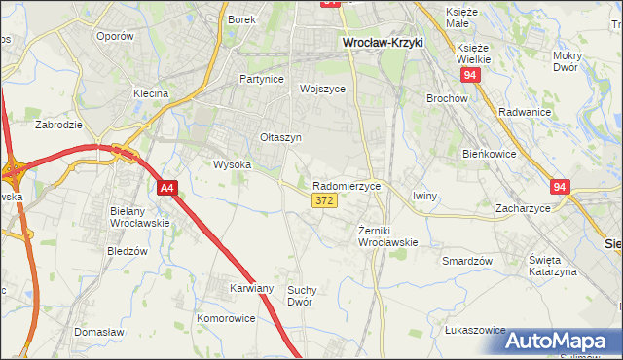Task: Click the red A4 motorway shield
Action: [167, 188]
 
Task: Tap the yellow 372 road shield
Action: [325, 200]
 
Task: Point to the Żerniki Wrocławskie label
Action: [388, 235]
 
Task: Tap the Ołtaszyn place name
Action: [280, 138]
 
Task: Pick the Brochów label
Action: [448, 98]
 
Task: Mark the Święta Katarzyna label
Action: [553, 266]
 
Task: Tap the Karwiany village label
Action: [251, 289]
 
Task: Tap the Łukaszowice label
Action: [475, 331]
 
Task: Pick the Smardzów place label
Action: [467, 261]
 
